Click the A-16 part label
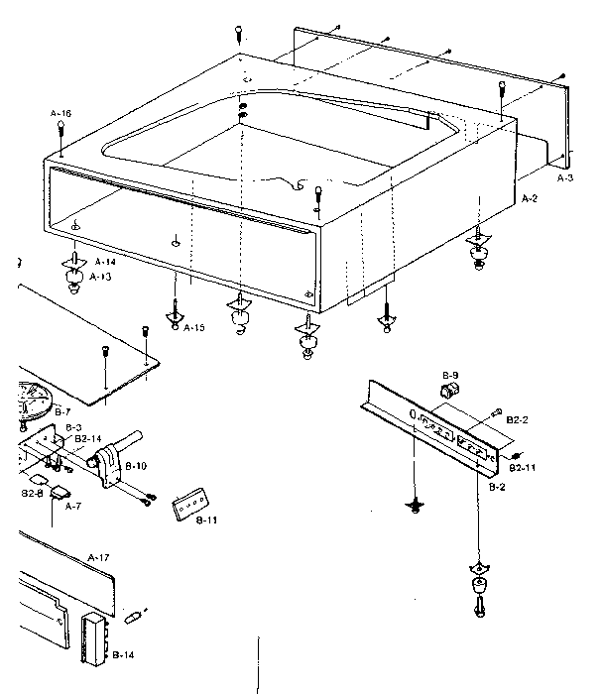pos(61,114)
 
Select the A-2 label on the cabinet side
pos(530,199)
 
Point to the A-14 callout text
pos(104,262)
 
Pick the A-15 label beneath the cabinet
pos(194,327)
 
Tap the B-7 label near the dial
pos(62,410)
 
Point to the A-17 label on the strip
pos(98,557)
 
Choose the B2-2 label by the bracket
pos(517,420)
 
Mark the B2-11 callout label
pos(522,465)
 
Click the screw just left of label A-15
pos(176,315)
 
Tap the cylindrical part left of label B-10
pos(105,465)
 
